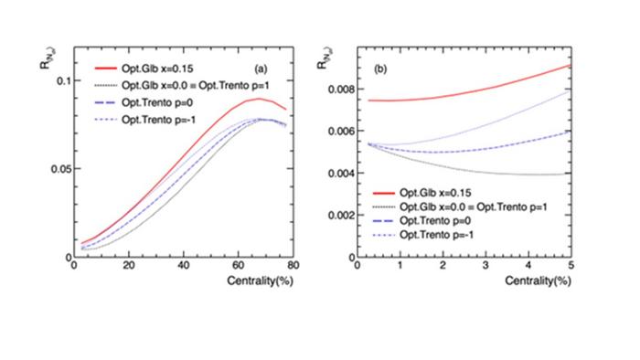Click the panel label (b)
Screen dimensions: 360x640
(x=355, y=69)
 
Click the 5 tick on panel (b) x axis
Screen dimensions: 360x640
(x=570, y=266)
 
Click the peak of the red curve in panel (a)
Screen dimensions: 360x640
(x=260, y=99)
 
